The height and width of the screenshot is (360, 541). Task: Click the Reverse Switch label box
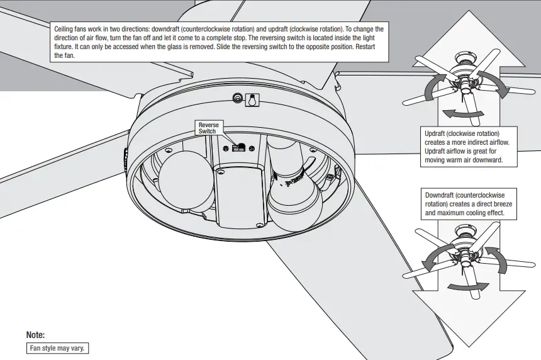pos(209,128)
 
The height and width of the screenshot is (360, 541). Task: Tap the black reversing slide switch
pos(238,147)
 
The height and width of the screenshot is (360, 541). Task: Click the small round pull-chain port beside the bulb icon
pos(238,98)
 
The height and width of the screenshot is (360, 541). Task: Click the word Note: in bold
pos(36,335)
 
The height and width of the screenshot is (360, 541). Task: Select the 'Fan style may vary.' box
pos(59,348)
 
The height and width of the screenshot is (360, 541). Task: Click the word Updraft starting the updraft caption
pos(436,134)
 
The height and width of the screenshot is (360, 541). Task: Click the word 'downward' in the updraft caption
pos(482,160)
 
